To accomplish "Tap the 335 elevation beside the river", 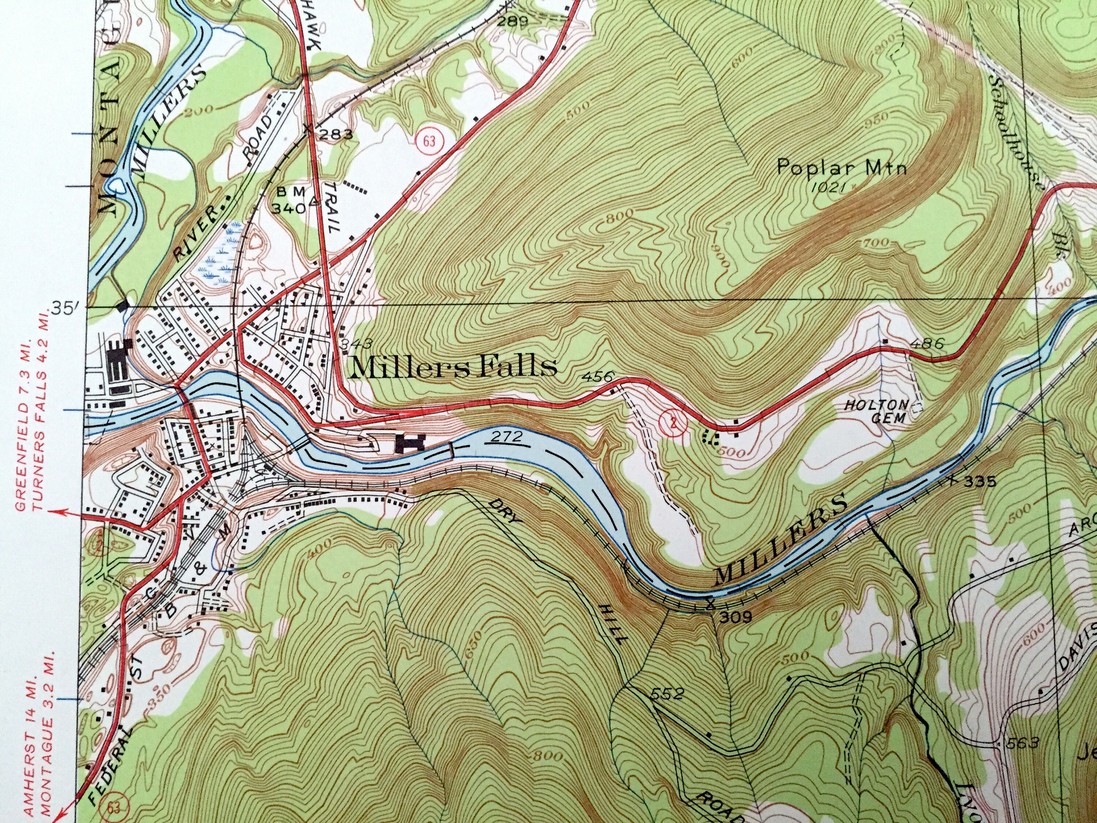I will coord(978,481).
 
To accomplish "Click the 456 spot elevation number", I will coord(600,376).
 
